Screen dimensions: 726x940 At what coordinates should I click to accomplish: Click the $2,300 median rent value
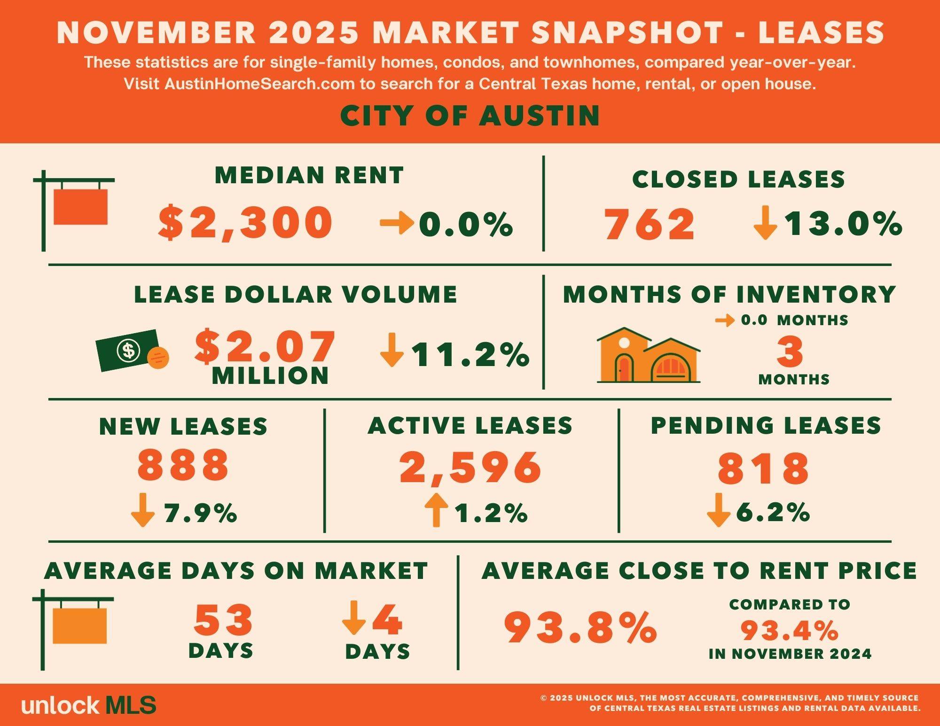(245, 222)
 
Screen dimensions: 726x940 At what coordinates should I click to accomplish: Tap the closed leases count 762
(649, 225)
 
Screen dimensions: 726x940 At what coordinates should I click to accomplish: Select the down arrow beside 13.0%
(765, 223)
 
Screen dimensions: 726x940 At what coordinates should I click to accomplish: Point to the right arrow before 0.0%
(397, 223)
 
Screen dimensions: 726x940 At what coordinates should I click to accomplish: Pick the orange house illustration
(649, 355)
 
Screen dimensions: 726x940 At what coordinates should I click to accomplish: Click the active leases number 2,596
(470, 468)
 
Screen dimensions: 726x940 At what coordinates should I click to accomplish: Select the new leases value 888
(183, 464)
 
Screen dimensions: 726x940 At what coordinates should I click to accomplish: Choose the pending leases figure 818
(764, 468)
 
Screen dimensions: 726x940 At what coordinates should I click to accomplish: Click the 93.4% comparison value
(790, 630)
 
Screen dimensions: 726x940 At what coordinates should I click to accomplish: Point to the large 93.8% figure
(580, 627)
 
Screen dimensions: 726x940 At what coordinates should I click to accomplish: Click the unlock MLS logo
(89, 705)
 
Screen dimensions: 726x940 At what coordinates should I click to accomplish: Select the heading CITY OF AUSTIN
(470, 116)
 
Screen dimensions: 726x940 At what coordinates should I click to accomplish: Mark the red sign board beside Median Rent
(80, 207)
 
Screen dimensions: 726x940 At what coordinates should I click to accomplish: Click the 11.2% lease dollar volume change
(470, 355)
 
